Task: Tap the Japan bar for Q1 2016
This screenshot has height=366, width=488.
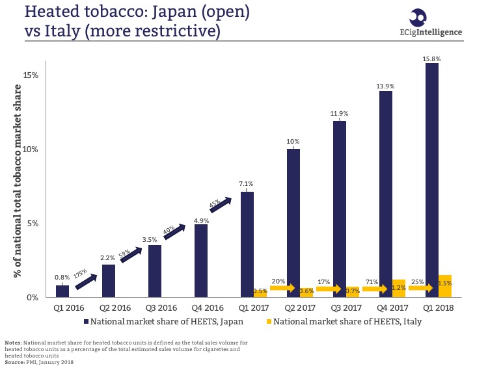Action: point(62,291)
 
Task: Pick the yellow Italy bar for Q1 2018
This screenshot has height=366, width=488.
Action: point(445,287)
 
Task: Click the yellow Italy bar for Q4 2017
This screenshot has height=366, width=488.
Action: point(399,289)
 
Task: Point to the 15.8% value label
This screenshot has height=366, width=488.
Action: point(432,59)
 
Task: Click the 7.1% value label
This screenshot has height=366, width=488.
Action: point(247,184)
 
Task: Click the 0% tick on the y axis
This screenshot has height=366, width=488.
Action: point(33,298)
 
